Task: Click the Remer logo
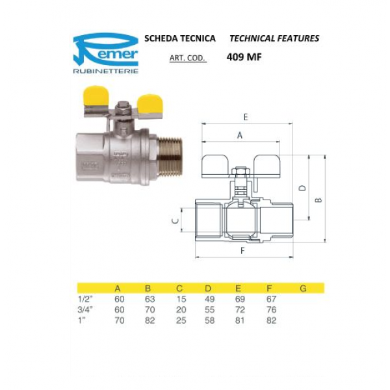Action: click(105, 47)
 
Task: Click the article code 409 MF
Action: click(244, 57)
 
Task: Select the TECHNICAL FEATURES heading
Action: click(274, 38)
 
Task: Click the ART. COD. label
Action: click(187, 58)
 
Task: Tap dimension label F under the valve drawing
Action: click(242, 250)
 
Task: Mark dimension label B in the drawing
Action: click(318, 200)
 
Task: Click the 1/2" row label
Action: click(85, 298)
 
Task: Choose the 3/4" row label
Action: click(85, 309)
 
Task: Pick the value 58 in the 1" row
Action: click(208, 320)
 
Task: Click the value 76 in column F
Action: click(271, 309)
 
